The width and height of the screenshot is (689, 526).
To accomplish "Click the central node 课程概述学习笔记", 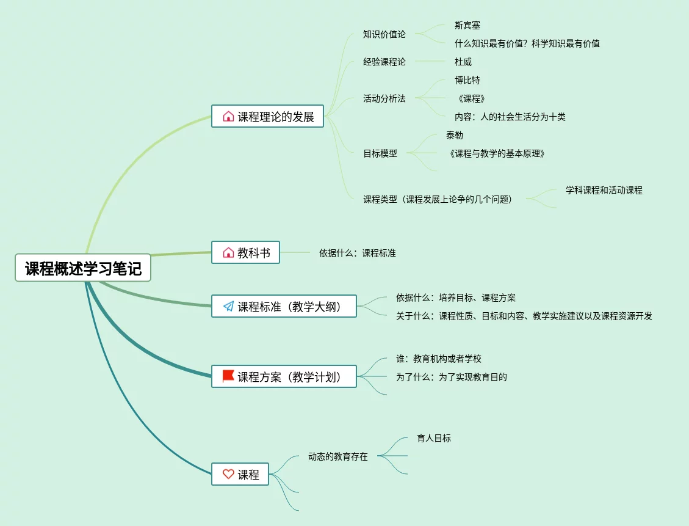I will (83, 268).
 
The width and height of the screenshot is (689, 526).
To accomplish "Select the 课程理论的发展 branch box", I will (268, 116).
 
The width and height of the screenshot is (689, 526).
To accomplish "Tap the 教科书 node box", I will (245, 252).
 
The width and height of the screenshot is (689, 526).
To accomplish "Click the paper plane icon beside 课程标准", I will (228, 307).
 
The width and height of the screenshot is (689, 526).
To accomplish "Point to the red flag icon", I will (228, 376).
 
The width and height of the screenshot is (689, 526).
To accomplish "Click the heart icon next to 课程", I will (228, 474).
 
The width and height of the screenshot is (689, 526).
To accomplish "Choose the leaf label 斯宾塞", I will (467, 25).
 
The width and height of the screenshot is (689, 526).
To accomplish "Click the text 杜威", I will (463, 62).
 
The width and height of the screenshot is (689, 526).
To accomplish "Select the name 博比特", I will (467, 80).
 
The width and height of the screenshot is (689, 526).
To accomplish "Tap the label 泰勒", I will (454, 135).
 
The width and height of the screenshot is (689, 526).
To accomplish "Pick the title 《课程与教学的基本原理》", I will (496, 153).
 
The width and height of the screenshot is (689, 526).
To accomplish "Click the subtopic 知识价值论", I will (384, 34).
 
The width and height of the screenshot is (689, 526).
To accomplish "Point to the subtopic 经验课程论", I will (384, 62).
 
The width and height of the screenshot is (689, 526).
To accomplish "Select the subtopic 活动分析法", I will (384, 98).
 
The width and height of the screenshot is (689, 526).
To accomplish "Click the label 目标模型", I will (380, 153).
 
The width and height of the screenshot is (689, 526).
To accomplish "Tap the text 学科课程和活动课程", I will (604, 190).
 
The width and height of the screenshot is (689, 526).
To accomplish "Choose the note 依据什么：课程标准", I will (357, 252).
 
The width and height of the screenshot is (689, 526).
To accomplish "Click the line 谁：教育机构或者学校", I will (438, 359).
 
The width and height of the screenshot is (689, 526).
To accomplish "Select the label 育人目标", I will (434, 438).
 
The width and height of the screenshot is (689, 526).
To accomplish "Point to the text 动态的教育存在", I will (337, 456).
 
